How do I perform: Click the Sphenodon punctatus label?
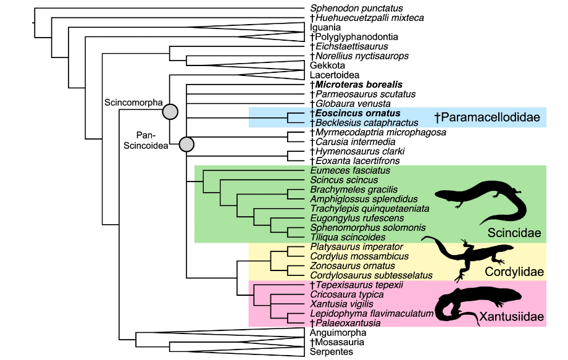(356, 9)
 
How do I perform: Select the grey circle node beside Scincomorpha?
(170, 112)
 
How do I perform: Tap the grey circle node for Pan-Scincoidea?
(186, 144)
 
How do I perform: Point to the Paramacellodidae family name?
(487, 117)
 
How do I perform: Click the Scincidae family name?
(514, 233)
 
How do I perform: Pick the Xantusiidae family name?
(512, 317)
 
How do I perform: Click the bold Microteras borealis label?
(356, 84)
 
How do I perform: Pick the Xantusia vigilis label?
(341, 304)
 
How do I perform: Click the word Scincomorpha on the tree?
(133, 103)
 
